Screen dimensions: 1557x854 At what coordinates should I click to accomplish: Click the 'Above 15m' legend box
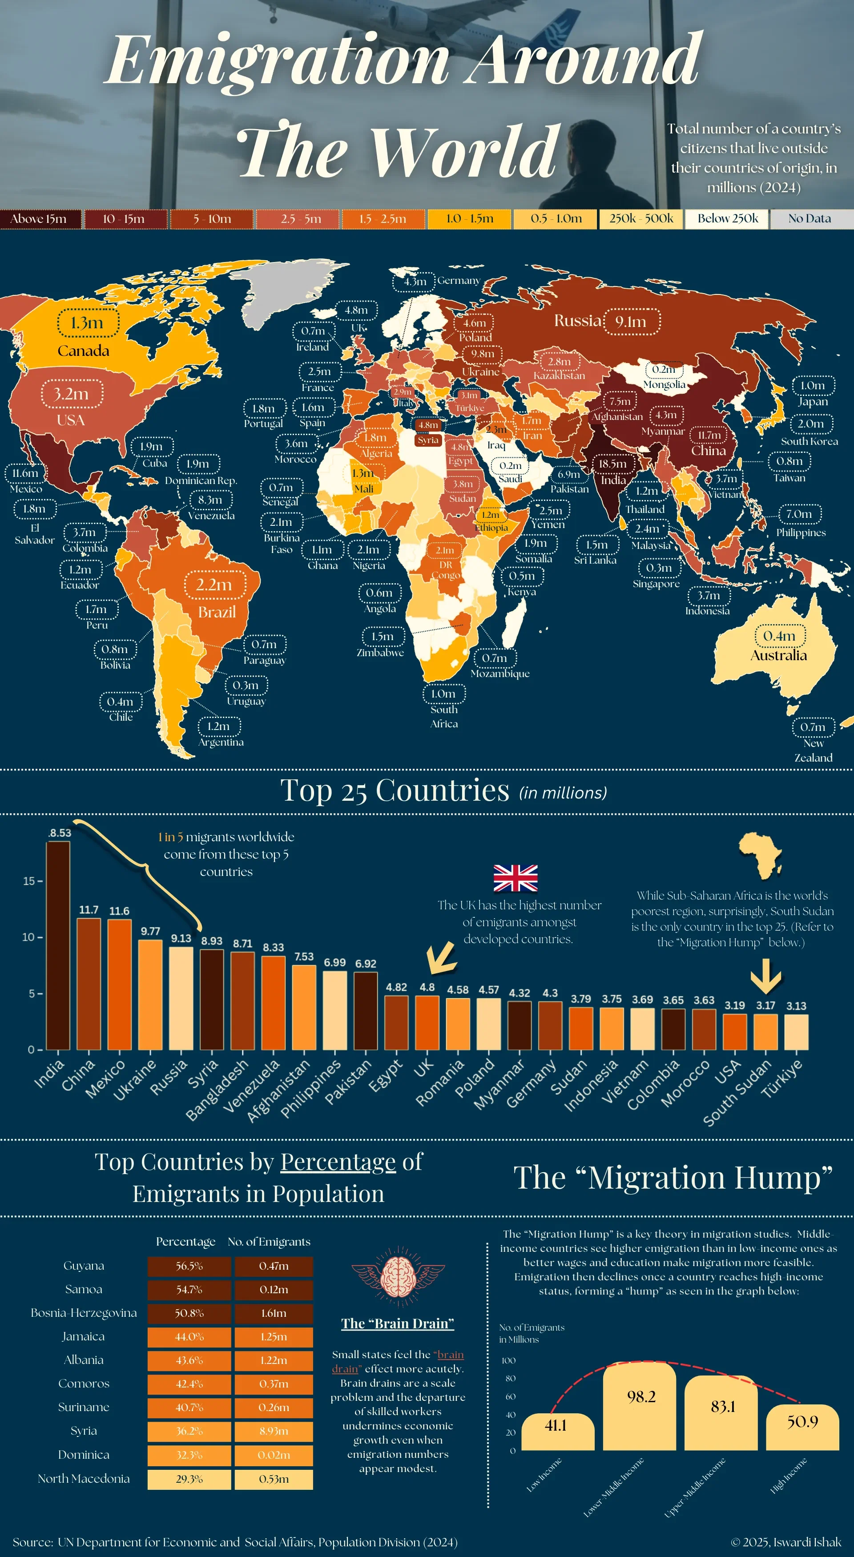click(x=40, y=219)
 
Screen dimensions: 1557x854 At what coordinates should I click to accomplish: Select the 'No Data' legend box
click(x=810, y=219)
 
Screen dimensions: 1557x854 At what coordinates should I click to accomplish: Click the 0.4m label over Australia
click(x=779, y=636)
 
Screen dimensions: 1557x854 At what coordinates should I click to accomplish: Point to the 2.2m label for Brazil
click(x=214, y=585)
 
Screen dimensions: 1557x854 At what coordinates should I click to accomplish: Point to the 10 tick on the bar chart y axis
click(x=29, y=937)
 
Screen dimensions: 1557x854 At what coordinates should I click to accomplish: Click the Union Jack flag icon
click(x=516, y=878)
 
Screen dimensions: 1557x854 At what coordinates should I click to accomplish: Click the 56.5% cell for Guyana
click(x=189, y=1266)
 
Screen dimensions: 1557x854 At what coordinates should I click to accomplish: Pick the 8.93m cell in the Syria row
click(x=274, y=1431)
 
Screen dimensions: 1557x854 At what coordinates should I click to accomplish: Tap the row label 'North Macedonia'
click(x=84, y=1478)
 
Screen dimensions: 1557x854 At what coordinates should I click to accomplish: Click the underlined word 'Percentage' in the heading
click(x=338, y=1162)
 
